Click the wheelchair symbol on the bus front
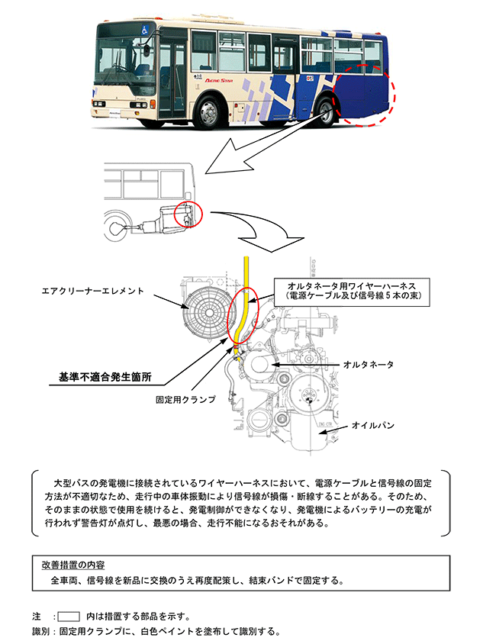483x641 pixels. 145,30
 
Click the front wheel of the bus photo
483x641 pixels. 209,111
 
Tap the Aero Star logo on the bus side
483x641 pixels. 219,81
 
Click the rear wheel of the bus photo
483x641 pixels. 326,111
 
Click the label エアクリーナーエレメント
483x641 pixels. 92,291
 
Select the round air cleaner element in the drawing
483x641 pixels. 210,313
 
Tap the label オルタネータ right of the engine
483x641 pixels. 369,364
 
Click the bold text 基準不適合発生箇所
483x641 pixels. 105,377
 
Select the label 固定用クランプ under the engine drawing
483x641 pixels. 185,399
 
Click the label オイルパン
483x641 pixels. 373,426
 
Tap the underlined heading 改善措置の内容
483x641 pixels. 73,565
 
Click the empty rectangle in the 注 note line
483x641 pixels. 68,617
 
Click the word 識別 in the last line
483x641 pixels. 41,632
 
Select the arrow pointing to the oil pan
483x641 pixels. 333,429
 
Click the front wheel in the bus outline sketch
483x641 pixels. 114,226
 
